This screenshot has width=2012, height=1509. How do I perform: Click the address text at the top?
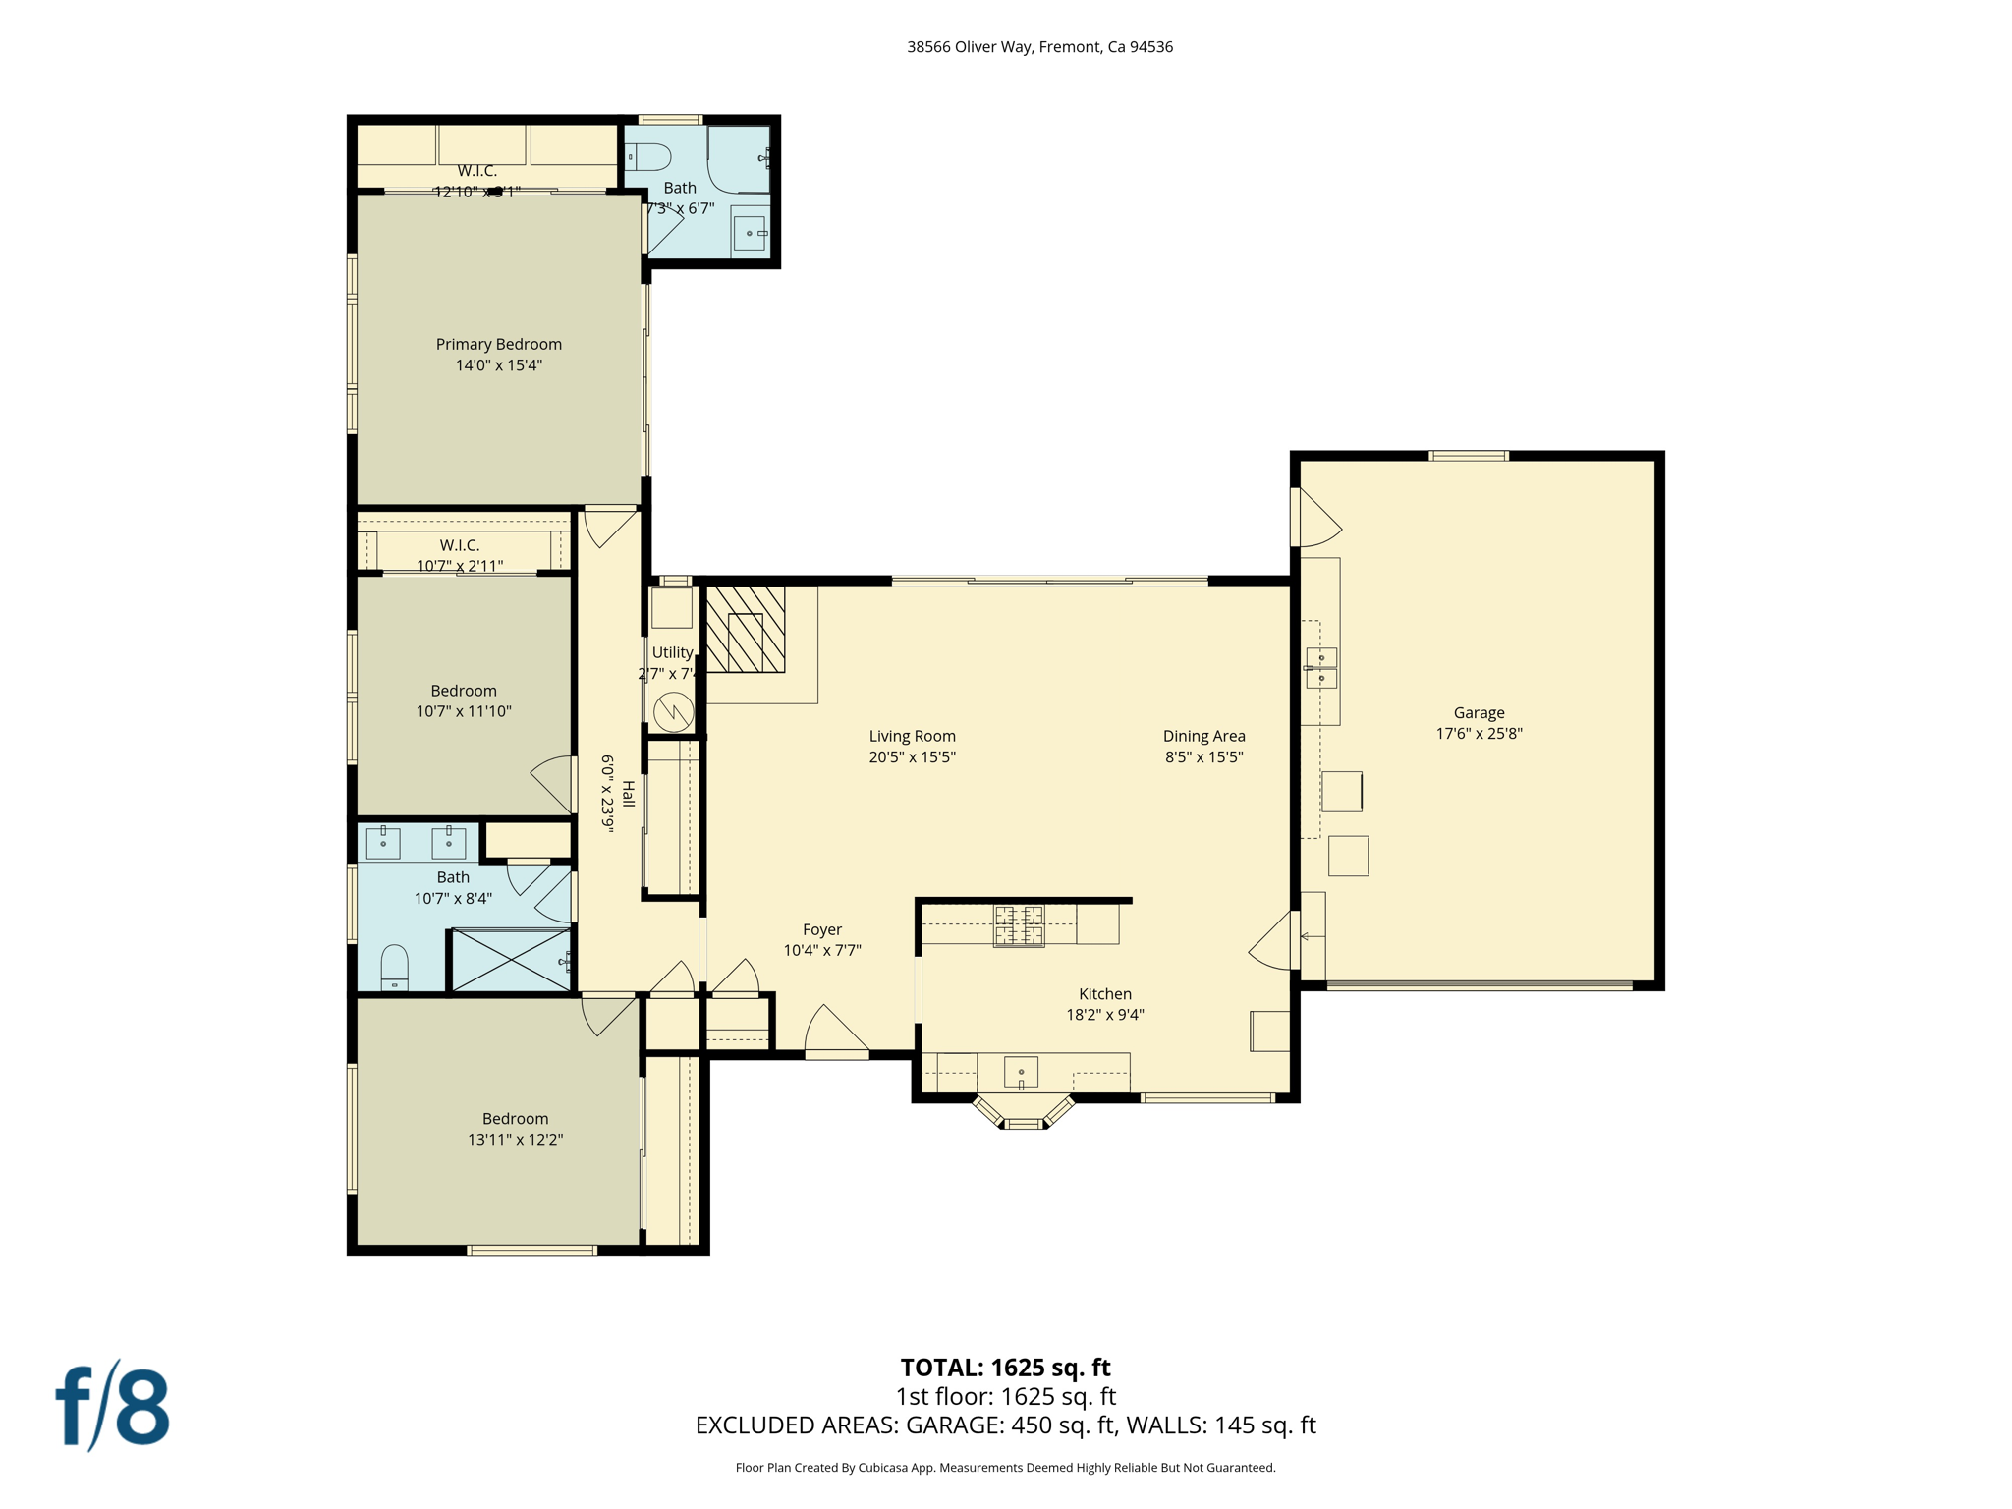click(1039, 47)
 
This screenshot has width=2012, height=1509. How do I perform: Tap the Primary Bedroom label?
click(498, 344)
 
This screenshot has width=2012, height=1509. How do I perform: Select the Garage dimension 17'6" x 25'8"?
click(1479, 733)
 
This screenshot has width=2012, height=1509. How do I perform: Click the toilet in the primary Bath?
click(649, 156)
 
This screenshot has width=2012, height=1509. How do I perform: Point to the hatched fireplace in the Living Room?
click(746, 630)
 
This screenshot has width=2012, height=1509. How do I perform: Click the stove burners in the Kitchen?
click(1019, 925)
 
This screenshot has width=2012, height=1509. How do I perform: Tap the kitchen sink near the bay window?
click(1021, 1072)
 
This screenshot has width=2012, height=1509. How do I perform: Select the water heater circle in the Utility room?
click(674, 710)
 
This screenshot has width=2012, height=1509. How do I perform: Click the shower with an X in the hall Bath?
click(511, 960)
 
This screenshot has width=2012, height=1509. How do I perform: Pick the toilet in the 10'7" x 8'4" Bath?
click(394, 967)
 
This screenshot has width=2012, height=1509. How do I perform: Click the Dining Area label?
click(1203, 736)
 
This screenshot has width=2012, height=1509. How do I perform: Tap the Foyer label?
click(822, 929)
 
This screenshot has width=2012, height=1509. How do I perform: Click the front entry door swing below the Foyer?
click(834, 1032)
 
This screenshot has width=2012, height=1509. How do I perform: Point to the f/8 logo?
click(112, 1407)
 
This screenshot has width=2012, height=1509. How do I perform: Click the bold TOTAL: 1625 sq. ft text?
click(1005, 1368)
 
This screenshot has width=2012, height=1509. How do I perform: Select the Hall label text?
click(629, 794)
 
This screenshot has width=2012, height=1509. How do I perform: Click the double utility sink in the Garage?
click(1321, 668)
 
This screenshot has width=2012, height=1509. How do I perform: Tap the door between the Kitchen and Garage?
click(1275, 941)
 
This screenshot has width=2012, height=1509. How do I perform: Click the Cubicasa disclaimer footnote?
click(1005, 1468)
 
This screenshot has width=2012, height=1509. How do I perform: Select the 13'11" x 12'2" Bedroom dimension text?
click(515, 1140)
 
